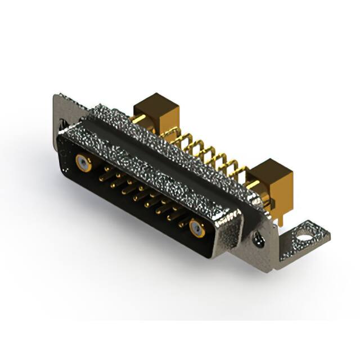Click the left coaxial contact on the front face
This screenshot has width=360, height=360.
83,163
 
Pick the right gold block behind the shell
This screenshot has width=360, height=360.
272,177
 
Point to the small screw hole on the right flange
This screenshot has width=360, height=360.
259,241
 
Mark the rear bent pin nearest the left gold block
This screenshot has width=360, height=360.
169,133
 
